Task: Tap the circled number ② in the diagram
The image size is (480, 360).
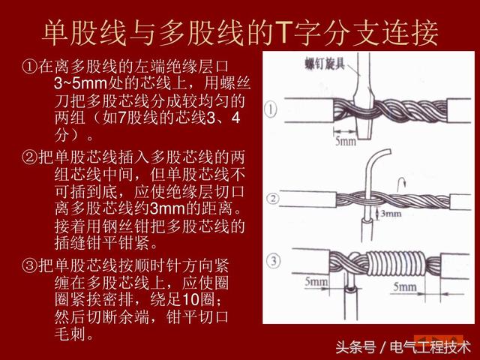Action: [x=273, y=199]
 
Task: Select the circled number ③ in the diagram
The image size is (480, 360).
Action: [x=274, y=261]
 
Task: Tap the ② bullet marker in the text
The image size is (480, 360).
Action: [x=28, y=157]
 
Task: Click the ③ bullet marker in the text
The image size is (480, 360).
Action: [x=28, y=266]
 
